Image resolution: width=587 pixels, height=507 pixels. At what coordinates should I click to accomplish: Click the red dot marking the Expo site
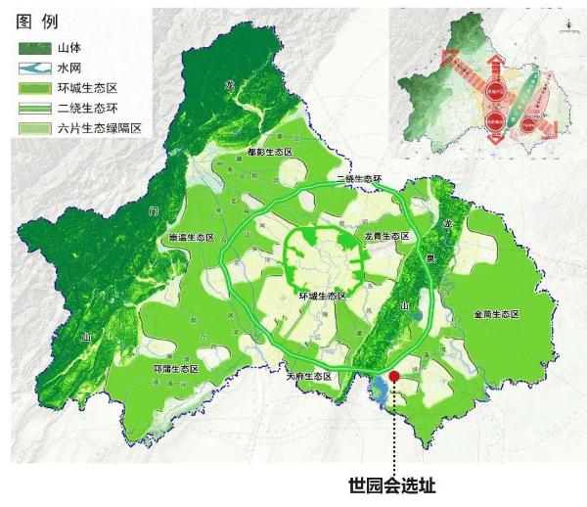[x=393, y=376]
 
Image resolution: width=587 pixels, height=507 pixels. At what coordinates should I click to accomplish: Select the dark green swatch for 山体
[x=35, y=47]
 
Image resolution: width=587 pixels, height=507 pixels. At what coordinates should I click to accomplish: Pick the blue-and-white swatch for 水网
[x=35, y=68]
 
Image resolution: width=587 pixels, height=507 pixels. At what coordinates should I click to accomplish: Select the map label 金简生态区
[x=495, y=314]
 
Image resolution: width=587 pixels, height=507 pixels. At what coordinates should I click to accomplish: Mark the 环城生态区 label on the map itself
[x=320, y=294]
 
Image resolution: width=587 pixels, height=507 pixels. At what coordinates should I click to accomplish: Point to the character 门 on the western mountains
[x=152, y=210]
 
